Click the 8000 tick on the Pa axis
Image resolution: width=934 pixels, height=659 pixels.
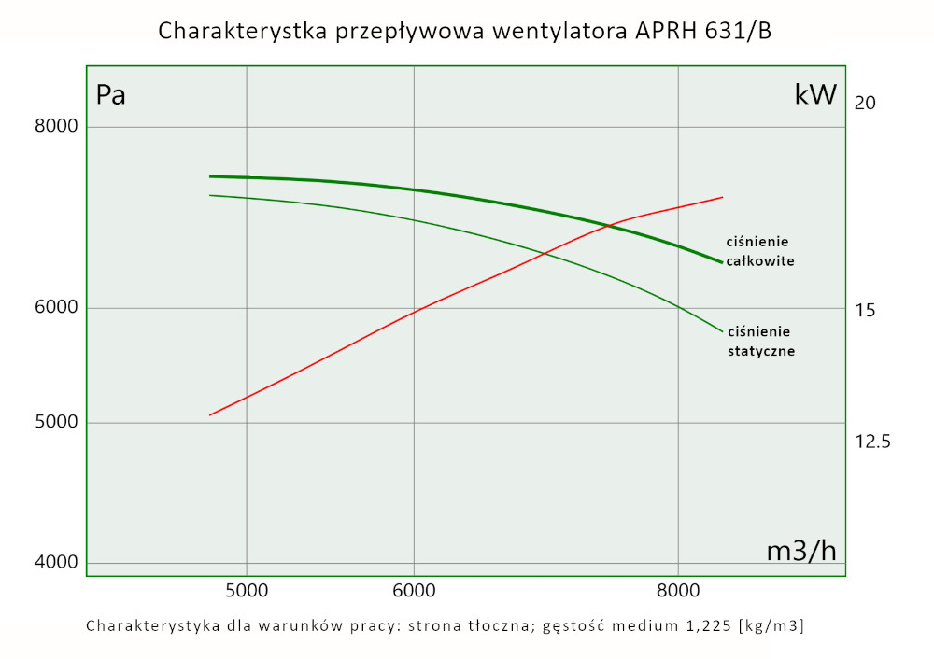click(58, 127)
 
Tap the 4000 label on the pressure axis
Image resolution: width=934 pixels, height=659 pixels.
click(58, 563)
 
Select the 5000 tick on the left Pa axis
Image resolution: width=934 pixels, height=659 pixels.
click(58, 423)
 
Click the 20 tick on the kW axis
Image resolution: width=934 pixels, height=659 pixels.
click(865, 103)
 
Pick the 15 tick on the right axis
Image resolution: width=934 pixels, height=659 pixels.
click(865, 310)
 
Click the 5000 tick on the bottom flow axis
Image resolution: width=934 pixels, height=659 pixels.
click(247, 590)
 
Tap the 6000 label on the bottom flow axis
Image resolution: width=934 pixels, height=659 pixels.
click(414, 590)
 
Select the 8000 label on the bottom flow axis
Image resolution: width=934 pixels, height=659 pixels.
click(678, 590)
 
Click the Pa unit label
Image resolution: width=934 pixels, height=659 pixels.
click(111, 94)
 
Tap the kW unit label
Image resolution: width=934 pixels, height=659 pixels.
click(815, 94)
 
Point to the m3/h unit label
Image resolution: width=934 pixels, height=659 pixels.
click(801, 551)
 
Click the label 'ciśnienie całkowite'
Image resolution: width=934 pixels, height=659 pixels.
click(760, 251)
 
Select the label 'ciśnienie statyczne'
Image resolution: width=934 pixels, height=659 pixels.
click(760, 342)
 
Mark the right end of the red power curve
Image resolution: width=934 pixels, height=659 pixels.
click(723, 197)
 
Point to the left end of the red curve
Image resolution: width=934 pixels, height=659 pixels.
click(210, 414)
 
